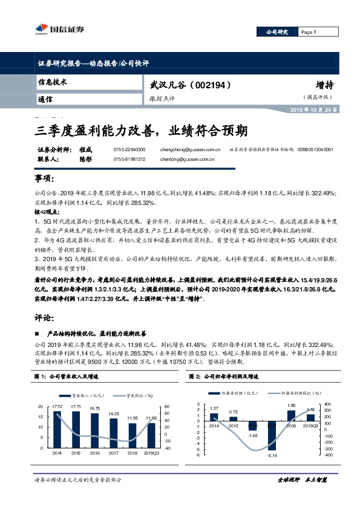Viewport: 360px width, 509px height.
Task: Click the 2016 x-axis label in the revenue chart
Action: click(95, 452)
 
